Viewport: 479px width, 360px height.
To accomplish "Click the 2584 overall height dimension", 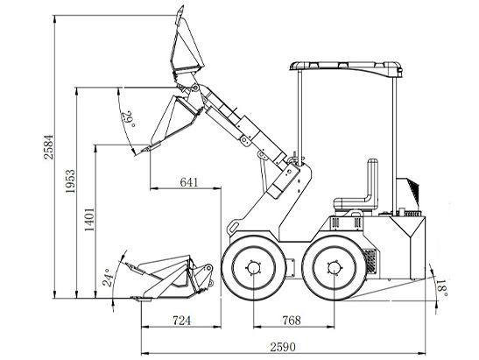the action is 48,147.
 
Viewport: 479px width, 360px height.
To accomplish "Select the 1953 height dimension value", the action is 70,181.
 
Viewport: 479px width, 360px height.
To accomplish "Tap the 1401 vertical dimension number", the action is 89,220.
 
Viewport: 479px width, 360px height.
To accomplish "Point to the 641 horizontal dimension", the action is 189,182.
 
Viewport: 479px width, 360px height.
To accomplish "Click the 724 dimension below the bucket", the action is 182,321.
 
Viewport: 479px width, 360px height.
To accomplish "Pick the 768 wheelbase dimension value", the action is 292,321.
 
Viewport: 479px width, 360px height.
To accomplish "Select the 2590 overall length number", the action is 283,347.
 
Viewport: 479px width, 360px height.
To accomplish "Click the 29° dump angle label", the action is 128,119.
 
